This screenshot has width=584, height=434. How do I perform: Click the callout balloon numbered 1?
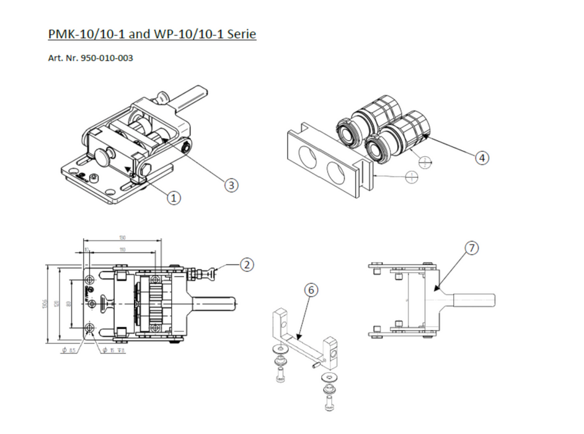pos(174,198)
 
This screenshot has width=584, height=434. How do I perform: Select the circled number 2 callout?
pos(247,265)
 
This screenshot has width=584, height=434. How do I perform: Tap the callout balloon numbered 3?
pos(231,185)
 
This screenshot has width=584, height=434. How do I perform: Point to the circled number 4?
pos(482,158)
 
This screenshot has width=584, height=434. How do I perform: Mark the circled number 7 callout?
pos(472,248)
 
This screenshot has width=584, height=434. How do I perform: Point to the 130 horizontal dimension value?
pos(122,238)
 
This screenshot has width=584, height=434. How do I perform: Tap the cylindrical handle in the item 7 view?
pos(474,301)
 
